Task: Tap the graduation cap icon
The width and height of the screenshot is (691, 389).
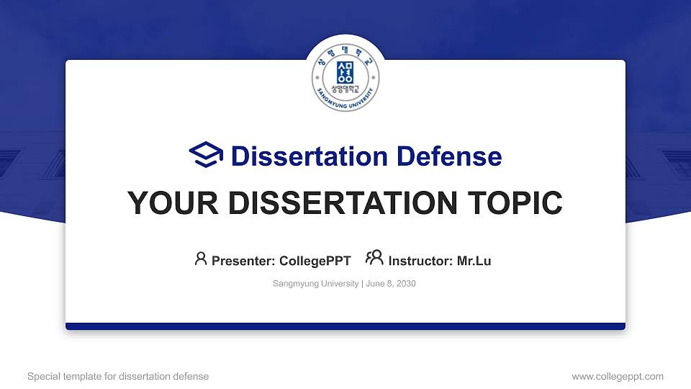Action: pyautogui.click(x=206, y=155)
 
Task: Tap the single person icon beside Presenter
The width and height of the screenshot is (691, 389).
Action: pyautogui.click(x=201, y=258)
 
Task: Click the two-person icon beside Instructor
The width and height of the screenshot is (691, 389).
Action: pyautogui.click(x=374, y=258)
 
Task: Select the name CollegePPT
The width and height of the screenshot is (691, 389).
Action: pyautogui.click(x=315, y=261)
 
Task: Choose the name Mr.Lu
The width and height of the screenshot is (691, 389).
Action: pyautogui.click(x=474, y=261)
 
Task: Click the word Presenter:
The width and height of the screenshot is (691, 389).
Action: pyautogui.click(x=243, y=261)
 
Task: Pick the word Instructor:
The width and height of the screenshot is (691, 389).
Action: pyautogui.click(x=420, y=261)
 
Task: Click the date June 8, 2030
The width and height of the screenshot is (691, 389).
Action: pyautogui.click(x=391, y=284)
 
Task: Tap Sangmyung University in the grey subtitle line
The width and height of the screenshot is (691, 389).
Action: pyautogui.click(x=315, y=284)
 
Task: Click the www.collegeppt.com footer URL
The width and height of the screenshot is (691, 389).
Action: pyautogui.click(x=617, y=376)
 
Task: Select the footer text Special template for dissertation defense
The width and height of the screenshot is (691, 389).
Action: pyautogui.click(x=118, y=376)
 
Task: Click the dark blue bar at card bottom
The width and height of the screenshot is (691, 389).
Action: pyautogui.click(x=345, y=326)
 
